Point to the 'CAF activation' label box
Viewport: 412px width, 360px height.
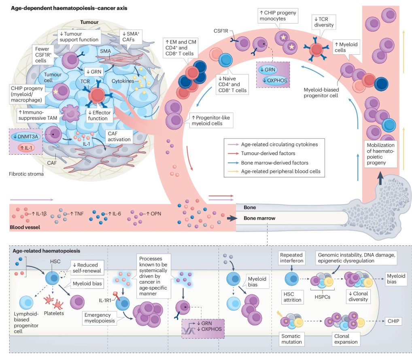(119, 136)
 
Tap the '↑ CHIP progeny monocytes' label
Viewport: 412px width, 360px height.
(277, 16)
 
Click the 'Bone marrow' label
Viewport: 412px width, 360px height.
(259, 218)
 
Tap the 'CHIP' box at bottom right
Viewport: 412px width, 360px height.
(393, 321)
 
